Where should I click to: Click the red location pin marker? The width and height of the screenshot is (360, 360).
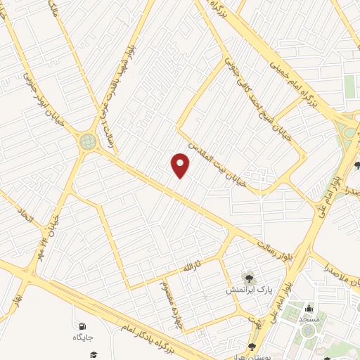(x=181, y=165)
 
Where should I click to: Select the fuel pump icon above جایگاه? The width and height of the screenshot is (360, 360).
(x=82, y=326)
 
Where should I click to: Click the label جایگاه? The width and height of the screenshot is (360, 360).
(x=82, y=337)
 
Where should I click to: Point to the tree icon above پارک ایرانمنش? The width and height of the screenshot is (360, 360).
(x=247, y=278)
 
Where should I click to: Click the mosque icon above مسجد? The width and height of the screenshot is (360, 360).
(x=309, y=307)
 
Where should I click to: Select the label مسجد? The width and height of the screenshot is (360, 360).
(x=309, y=319)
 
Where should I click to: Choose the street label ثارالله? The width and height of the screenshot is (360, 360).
(x=192, y=268)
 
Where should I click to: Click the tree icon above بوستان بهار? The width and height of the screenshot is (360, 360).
(x=252, y=346)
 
